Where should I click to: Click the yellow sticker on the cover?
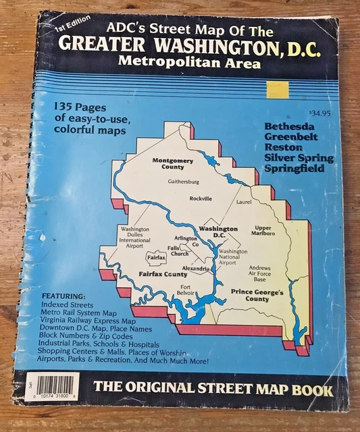(278, 90)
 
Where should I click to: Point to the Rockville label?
(201, 198)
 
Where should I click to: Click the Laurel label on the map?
(242, 202)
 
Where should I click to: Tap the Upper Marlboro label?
(263, 232)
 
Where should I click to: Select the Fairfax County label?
(163, 274)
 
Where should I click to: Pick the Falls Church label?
(179, 250)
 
